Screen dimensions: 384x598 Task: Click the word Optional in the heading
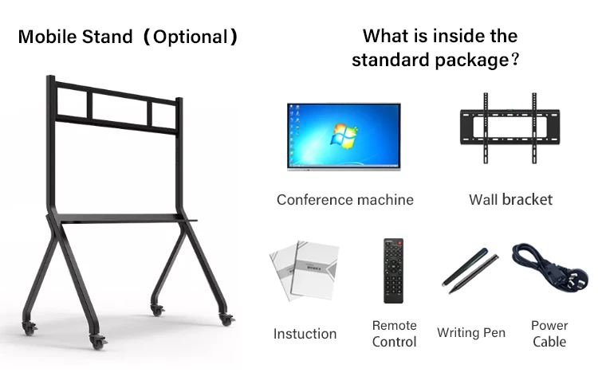[x=190, y=37]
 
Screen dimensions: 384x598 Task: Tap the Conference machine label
[x=344, y=199]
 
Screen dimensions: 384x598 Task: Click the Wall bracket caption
[x=510, y=199]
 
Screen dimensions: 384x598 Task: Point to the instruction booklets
[x=304, y=271]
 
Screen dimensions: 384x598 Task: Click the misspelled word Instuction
[x=305, y=334]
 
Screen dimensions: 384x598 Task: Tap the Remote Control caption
[x=395, y=334]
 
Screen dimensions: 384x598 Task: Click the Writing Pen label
[x=471, y=332]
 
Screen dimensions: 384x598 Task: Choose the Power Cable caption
[x=549, y=334]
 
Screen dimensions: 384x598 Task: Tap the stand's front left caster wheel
[x=100, y=343]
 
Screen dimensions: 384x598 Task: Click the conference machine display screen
[x=344, y=135]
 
